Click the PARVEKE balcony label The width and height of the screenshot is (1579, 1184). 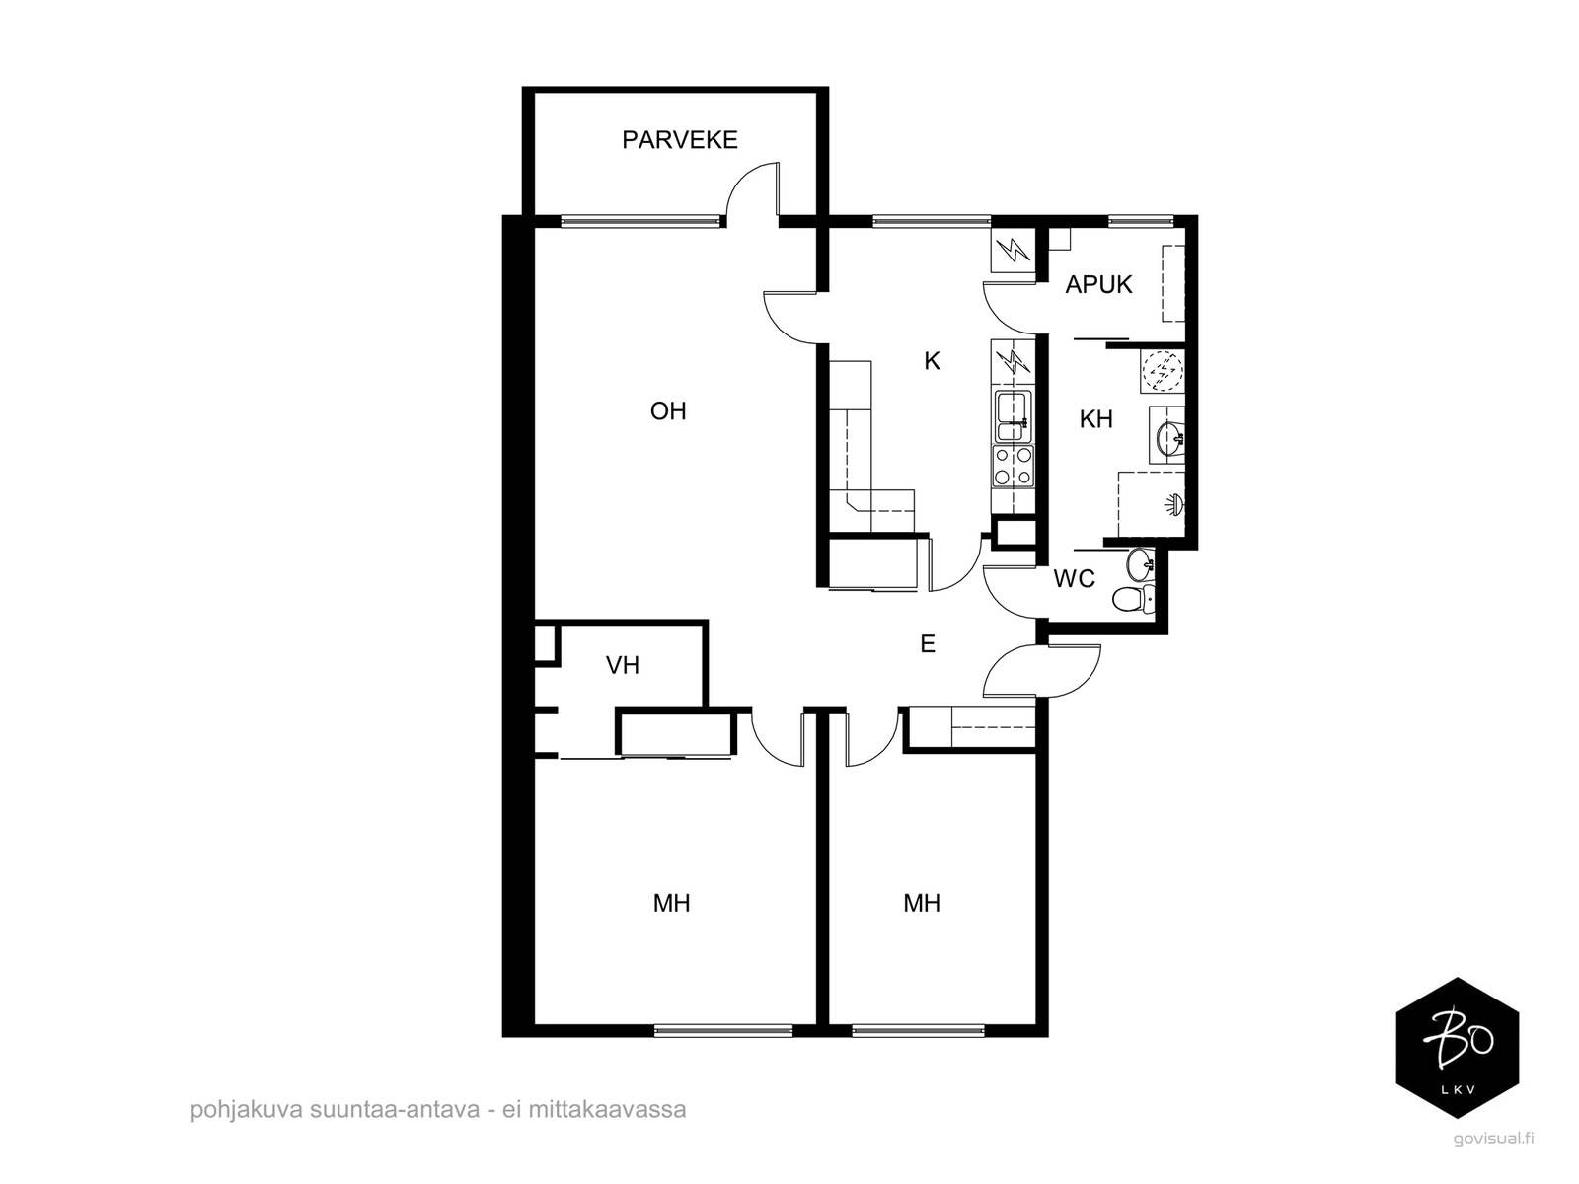[x=679, y=139]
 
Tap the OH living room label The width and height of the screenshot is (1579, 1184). [x=667, y=411]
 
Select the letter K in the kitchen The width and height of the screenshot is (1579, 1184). [x=932, y=361]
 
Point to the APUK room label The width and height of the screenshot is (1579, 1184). [x=1098, y=285]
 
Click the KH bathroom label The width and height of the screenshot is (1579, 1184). [x=1095, y=419]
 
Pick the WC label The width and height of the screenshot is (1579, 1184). [x=1074, y=579]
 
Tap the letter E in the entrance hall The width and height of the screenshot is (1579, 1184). [x=928, y=643]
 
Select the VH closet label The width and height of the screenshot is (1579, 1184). [x=623, y=665]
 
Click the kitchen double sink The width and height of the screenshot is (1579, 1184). [x=1013, y=416]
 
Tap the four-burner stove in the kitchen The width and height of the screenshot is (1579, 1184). [x=1013, y=466]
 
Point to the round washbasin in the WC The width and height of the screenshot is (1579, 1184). [x=1140, y=564]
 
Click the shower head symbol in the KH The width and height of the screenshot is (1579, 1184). [x=1173, y=504]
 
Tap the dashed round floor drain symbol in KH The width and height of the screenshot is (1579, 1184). [x=1161, y=371]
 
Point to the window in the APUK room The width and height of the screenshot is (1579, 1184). [x=1141, y=221]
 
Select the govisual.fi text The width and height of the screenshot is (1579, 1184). [x=1492, y=1138]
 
